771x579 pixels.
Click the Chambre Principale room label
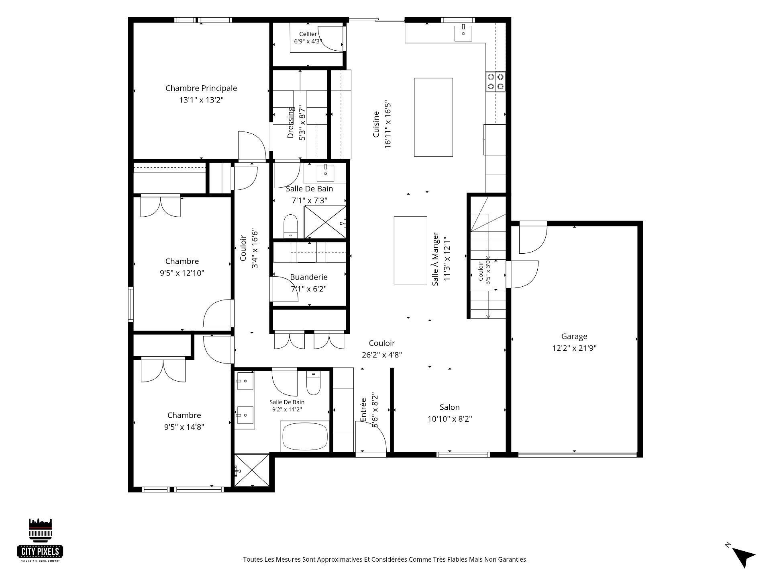[x=201, y=88]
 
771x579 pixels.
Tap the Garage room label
[x=574, y=337]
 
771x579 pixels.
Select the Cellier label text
[x=308, y=34]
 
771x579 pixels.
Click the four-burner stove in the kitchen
[x=496, y=82]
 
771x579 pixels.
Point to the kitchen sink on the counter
[x=463, y=33]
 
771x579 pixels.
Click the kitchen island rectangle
[x=434, y=117]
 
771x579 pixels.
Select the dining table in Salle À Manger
[x=410, y=250]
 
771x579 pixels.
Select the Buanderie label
[x=309, y=277]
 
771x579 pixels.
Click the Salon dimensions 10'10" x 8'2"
[x=450, y=419]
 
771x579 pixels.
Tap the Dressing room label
[x=291, y=122]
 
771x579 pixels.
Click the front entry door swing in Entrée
[x=371, y=436]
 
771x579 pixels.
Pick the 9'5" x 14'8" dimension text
[x=184, y=427]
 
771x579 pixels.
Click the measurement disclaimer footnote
[x=385, y=559]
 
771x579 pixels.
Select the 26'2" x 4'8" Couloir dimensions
[x=382, y=355]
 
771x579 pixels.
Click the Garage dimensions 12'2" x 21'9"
[x=574, y=348]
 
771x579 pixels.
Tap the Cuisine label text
[x=376, y=124]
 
